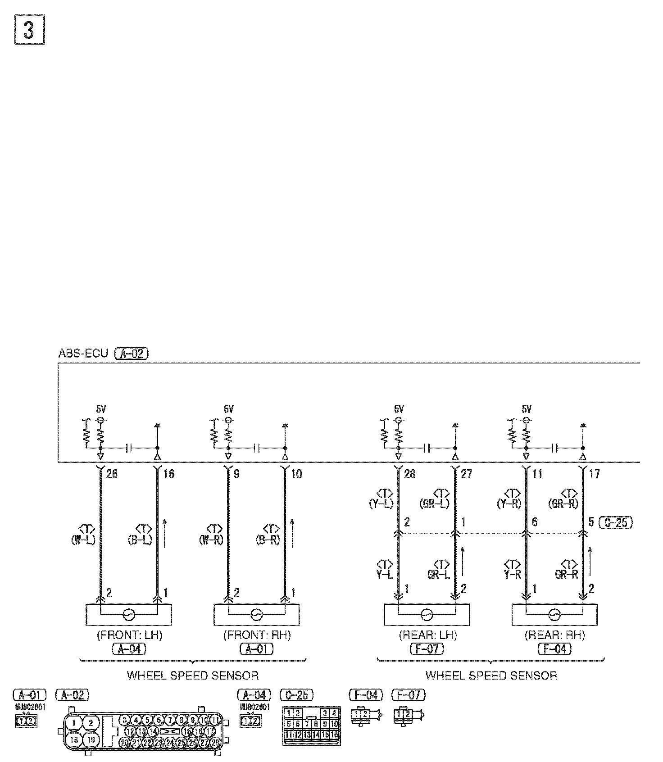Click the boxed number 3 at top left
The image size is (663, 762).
[x=30, y=30]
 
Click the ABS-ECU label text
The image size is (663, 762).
[x=83, y=353]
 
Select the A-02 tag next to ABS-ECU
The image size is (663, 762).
[x=132, y=354]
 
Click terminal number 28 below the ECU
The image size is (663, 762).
[x=409, y=474]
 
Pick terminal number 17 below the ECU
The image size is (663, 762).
[x=595, y=474]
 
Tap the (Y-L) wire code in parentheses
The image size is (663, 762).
[x=381, y=503]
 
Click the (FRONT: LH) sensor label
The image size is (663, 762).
[x=129, y=635]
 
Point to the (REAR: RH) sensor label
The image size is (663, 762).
[x=555, y=635]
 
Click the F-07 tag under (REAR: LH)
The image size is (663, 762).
[x=427, y=649]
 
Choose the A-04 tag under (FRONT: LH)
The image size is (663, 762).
[x=129, y=649]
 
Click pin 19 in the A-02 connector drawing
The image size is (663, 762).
[x=91, y=739]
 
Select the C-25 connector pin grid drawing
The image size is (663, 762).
[x=311, y=726]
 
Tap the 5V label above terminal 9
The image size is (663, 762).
[x=229, y=409]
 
